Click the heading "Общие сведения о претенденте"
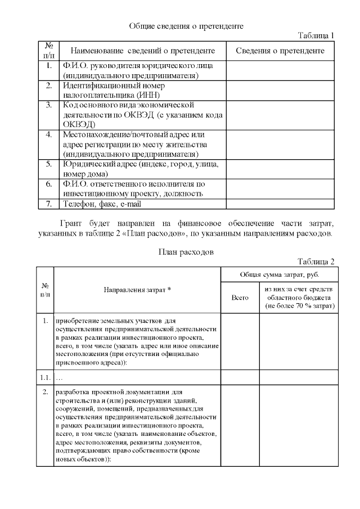[186, 26]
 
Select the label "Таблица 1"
[316, 35]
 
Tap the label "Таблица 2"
[316, 262]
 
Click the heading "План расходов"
[186, 252]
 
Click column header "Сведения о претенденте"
[280, 51]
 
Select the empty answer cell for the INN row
[280, 91]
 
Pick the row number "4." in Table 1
[48, 135]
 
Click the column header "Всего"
[240, 298]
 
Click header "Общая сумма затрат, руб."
[279, 274]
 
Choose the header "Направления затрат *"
[137, 289]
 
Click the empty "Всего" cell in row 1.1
[240, 377]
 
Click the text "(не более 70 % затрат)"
[299, 305]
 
